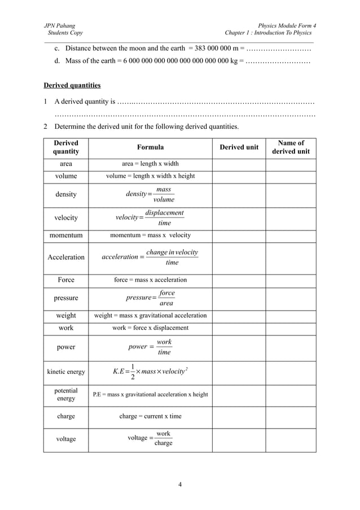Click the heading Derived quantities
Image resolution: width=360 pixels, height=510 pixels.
[x=72, y=86]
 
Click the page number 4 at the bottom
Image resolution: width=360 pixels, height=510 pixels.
[x=179, y=484]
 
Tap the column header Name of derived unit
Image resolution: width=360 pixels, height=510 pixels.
[x=291, y=147]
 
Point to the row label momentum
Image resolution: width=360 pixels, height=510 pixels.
[x=66, y=236]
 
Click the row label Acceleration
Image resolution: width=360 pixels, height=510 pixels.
[x=66, y=258]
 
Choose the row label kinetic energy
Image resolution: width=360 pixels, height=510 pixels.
[x=66, y=372]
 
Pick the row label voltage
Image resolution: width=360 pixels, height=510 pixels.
[x=66, y=439]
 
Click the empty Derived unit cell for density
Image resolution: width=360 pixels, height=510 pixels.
[x=239, y=195]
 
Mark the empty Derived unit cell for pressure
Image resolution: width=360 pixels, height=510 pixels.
[x=239, y=298]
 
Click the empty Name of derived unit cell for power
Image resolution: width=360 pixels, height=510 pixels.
[x=291, y=348]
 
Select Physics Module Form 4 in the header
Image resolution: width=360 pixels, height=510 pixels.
[x=287, y=26]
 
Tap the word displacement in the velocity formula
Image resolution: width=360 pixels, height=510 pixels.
[x=164, y=213]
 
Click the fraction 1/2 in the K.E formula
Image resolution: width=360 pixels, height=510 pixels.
[x=132, y=372]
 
